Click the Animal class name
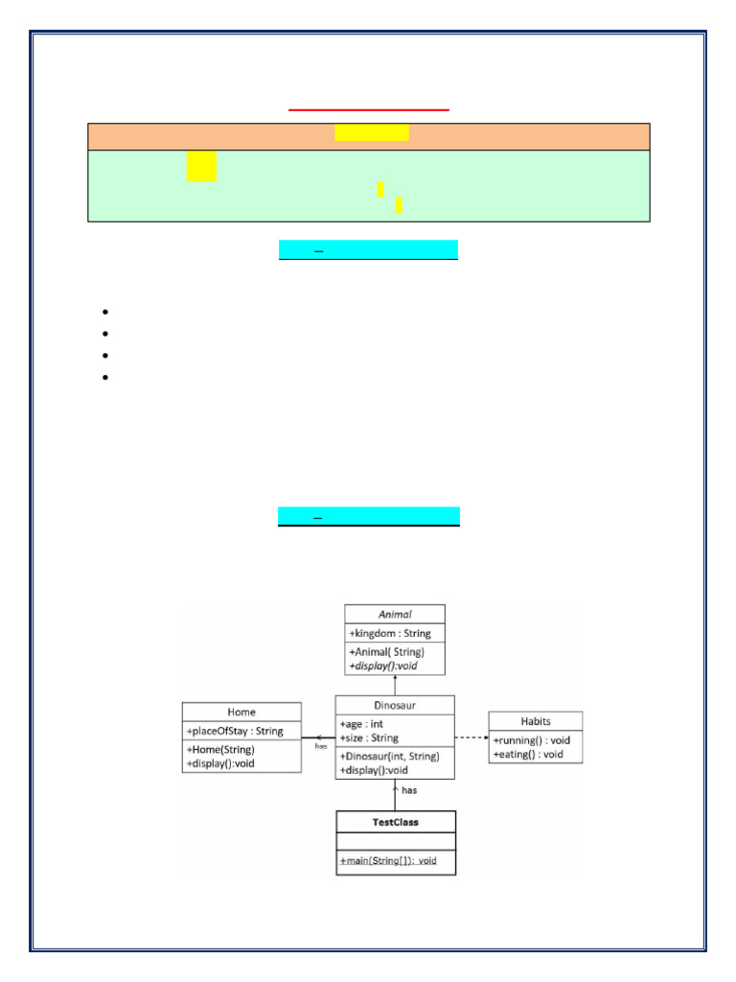coord(395,614)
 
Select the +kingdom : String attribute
coord(390,634)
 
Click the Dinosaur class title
coord(395,705)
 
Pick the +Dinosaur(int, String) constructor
coord(389,756)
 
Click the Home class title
coord(241,713)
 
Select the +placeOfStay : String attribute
coord(236,731)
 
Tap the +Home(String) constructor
coord(220,750)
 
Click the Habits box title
coord(536,721)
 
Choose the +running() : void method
coord(532,740)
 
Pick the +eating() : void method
coord(528,755)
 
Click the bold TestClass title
coord(395,822)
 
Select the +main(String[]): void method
coord(387,860)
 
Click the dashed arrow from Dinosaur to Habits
coord(471,737)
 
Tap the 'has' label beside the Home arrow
coord(321,746)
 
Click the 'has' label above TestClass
coord(409,790)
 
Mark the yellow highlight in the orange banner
coord(372,132)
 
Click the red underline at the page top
coord(369,110)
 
